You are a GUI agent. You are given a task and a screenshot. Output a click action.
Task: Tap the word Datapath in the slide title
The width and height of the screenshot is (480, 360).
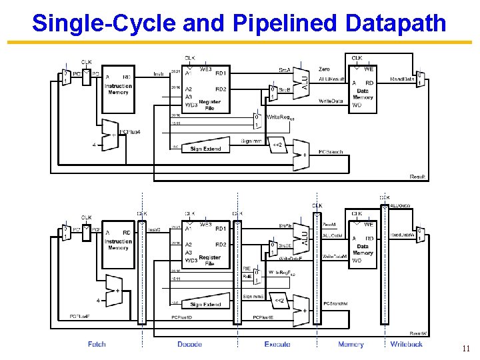[x=397, y=23]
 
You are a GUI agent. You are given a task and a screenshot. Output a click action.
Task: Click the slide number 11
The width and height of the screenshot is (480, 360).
[x=465, y=348]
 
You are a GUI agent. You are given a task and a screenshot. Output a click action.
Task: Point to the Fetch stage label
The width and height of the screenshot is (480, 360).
[x=97, y=344]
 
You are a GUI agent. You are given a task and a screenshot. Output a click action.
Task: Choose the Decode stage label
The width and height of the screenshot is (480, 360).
[x=190, y=344]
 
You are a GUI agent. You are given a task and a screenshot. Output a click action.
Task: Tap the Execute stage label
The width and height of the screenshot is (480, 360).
[x=277, y=344]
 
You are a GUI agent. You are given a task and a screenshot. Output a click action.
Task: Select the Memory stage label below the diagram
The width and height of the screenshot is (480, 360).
[x=351, y=344]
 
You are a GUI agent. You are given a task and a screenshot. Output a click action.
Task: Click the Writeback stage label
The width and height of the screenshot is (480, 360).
[x=407, y=344]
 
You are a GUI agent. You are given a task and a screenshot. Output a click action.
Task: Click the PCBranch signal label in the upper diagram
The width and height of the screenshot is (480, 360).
[x=331, y=152]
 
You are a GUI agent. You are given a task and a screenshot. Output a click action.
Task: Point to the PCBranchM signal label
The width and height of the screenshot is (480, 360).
[x=336, y=304]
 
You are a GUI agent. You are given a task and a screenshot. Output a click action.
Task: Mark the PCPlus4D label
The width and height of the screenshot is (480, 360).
[x=182, y=317]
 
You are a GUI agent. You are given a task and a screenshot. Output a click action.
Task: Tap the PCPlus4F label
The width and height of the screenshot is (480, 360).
[x=80, y=317]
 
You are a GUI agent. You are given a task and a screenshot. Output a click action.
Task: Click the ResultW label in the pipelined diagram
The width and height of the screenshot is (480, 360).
[x=418, y=333]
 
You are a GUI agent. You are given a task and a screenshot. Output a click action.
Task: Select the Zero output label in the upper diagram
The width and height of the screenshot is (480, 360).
[x=324, y=69]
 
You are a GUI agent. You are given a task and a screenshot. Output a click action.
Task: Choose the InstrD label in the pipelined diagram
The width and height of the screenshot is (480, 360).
[x=154, y=230]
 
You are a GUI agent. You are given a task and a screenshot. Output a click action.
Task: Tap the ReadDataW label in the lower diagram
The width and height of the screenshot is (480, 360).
[x=403, y=235]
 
